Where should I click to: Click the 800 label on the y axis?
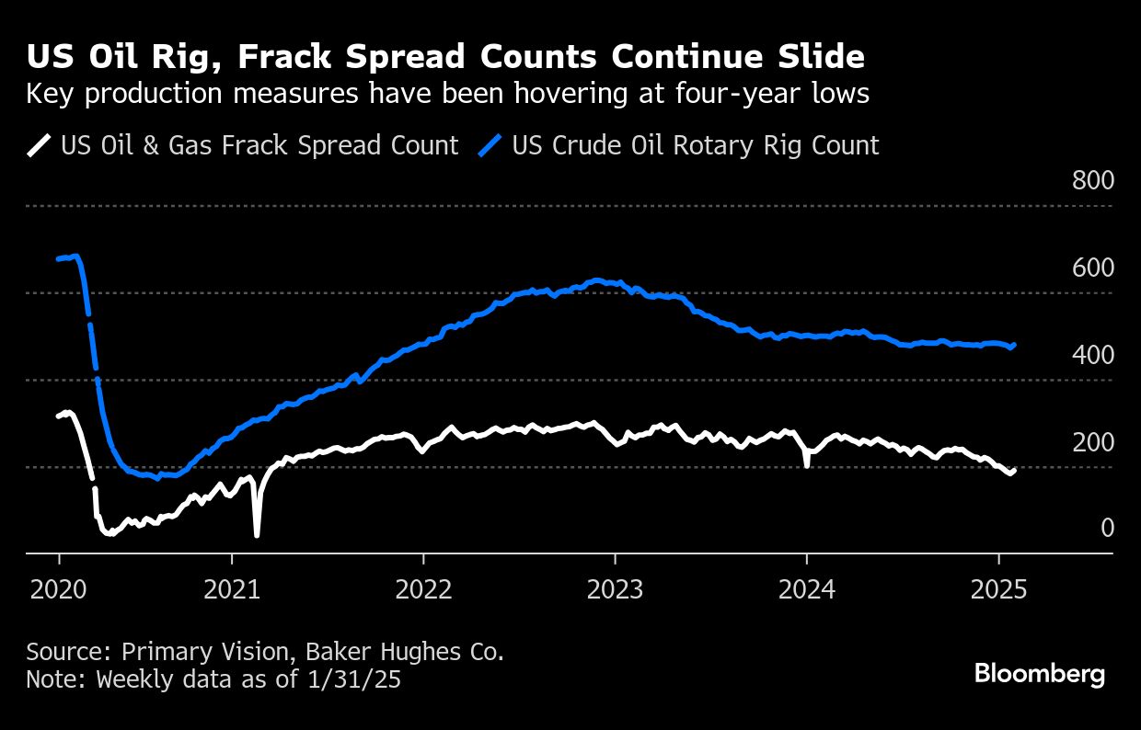pyautogui.click(x=1092, y=180)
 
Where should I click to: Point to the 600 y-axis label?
pyautogui.click(x=1092, y=268)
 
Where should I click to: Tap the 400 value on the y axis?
pyautogui.click(x=1092, y=355)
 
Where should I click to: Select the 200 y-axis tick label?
pyautogui.click(x=1092, y=442)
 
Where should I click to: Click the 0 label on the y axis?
pyautogui.click(x=1107, y=528)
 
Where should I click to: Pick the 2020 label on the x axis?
pyautogui.click(x=58, y=588)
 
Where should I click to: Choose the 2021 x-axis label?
pyautogui.click(x=231, y=588)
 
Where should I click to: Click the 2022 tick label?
pyautogui.click(x=422, y=588)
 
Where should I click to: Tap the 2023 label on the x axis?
pyautogui.click(x=614, y=588)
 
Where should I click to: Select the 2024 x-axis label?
pyautogui.click(x=806, y=588)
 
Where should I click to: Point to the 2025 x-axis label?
pyautogui.click(x=998, y=588)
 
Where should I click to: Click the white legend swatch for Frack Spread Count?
pyautogui.click(x=40, y=145)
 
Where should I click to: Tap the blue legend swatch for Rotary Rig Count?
pyautogui.click(x=491, y=145)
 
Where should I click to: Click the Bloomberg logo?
pyautogui.click(x=1040, y=674)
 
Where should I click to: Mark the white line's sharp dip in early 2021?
pyautogui.click(x=257, y=534)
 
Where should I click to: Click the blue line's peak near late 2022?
pyautogui.click(x=597, y=279)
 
